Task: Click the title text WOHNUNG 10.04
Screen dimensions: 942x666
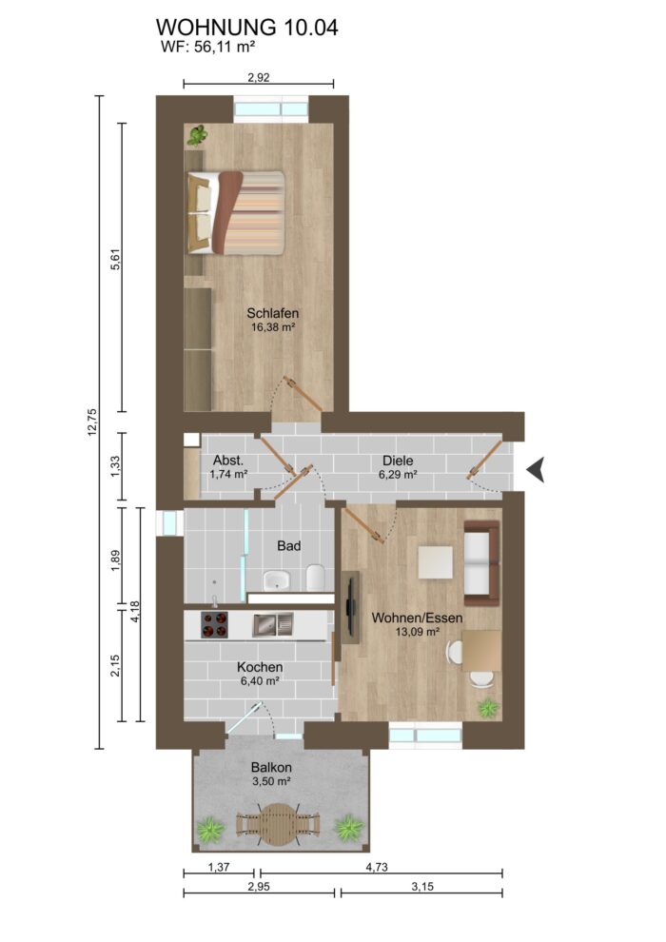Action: pyautogui.click(x=246, y=28)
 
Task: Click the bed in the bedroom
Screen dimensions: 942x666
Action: pyautogui.click(x=236, y=212)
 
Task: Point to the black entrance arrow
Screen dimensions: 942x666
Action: pyautogui.click(x=537, y=467)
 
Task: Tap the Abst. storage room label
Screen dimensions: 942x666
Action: pyautogui.click(x=228, y=458)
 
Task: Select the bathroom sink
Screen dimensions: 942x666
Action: pyautogui.click(x=276, y=579)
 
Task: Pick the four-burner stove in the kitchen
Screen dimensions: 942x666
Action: pyautogui.click(x=215, y=624)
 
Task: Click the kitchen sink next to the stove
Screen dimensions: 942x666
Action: pyautogui.click(x=275, y=624)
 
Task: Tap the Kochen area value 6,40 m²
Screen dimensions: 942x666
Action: pyautogui.click(x=258, y=681)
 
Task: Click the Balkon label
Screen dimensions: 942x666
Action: pyautogui.click(x=271, y=767)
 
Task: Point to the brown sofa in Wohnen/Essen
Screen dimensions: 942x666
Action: pyautogui.click(x=480, y=561)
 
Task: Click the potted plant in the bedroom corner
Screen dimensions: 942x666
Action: pyautogui.click(x=197, y=136)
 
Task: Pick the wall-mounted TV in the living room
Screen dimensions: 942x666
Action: pyautogui.click(x=352, y=606)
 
